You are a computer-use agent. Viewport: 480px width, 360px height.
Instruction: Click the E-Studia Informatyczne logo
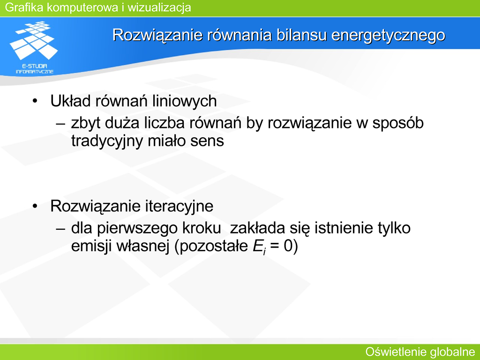(34, 47)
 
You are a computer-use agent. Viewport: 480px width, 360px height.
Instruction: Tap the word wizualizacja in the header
(159, 7)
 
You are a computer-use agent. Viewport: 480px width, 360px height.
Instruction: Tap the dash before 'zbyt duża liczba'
(60, 124)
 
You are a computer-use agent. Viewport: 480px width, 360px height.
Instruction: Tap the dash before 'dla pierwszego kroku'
(60, 228)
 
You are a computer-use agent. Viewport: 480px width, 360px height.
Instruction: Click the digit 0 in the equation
(288, 246)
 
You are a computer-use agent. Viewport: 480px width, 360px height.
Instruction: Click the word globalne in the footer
(452, 352)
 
